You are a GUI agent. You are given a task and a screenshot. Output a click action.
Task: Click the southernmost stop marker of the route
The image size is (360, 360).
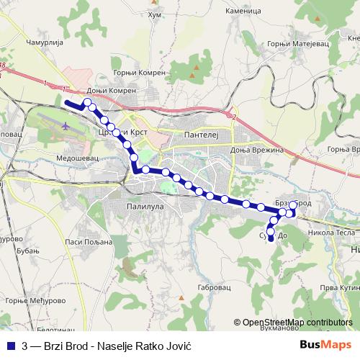pyautogui.click(x=271, y=238)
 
